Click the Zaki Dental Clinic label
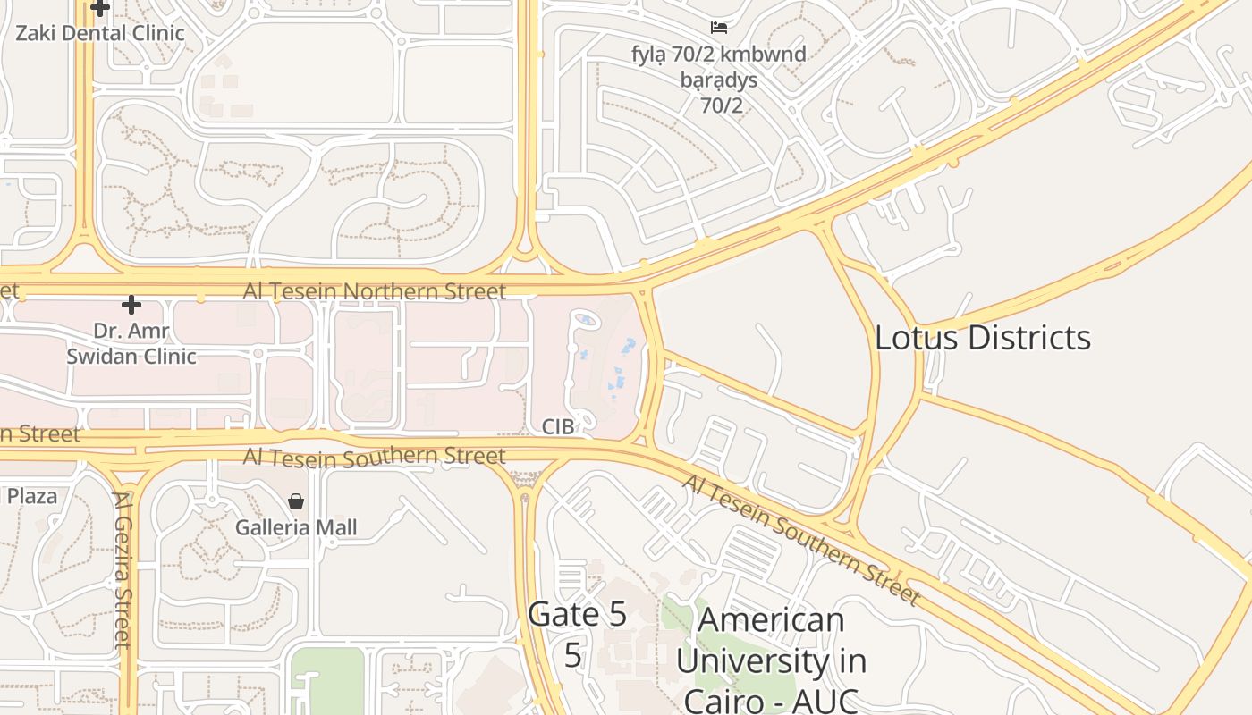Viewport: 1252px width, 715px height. (x=100, y=34)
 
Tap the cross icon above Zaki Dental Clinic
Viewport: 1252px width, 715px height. (x=100, y=8)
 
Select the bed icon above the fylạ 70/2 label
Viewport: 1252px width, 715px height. (x=718, y=28)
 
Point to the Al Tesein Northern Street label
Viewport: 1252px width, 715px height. (x=375, y=291)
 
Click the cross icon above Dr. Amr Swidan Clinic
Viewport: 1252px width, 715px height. (x=131, y=306)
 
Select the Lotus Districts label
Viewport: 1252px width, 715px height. (x=982, y=338)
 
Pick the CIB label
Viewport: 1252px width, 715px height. (x=557, y=427)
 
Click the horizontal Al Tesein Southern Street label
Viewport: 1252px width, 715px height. (x=375, y=457)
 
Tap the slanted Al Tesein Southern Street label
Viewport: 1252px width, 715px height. (x=801, y=540)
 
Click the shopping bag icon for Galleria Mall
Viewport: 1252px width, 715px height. (x=296, y=501)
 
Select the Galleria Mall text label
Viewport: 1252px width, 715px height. (x=296, y=527)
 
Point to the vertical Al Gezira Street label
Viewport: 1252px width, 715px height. (x=123, y=569)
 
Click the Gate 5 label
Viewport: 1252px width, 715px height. (x=576, y=615)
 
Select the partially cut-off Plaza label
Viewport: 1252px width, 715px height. (x=31, y=496)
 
